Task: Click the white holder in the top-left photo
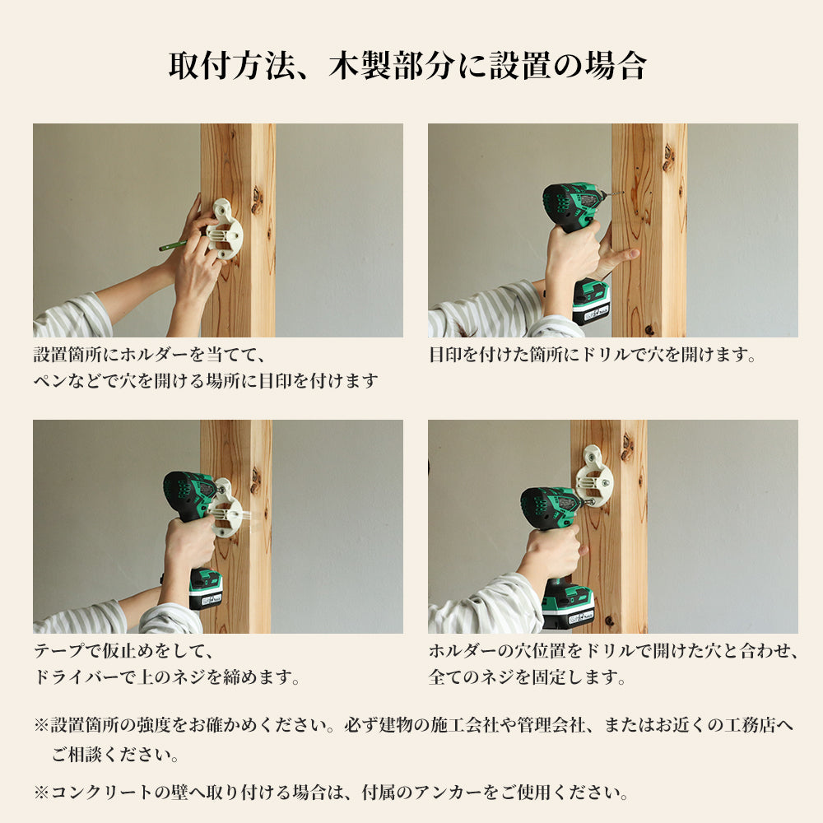point(225,229)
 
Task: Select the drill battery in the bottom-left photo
point(205,589)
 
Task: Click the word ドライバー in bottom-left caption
point(77,677)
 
